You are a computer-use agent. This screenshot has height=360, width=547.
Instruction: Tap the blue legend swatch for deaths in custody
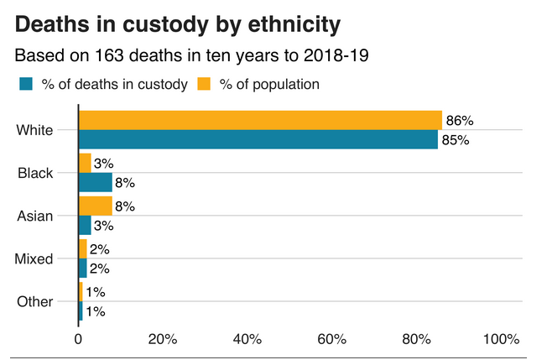[25, 84]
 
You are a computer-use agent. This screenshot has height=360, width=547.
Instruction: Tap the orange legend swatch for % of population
[204, 84]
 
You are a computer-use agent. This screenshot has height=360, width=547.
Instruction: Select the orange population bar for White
[260, 120]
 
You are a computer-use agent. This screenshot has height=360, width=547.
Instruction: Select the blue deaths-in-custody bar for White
[258, 139]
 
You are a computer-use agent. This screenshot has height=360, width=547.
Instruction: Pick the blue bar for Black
[95, 182]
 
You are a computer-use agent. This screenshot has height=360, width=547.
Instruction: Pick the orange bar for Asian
[95, 206]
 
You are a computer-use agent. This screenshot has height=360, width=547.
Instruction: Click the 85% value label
[455, 140]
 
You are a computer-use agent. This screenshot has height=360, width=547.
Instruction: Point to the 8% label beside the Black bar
[125, 183]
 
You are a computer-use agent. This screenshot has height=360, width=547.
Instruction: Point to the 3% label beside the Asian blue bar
[104, 226]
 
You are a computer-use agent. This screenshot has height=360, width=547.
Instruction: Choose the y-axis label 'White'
[34, 130]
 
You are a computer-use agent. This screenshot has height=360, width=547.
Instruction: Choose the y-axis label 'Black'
[35, 173]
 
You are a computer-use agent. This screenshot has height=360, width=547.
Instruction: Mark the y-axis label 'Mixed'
[34, 258]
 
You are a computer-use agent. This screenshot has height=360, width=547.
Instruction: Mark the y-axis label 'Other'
[35, 301]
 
